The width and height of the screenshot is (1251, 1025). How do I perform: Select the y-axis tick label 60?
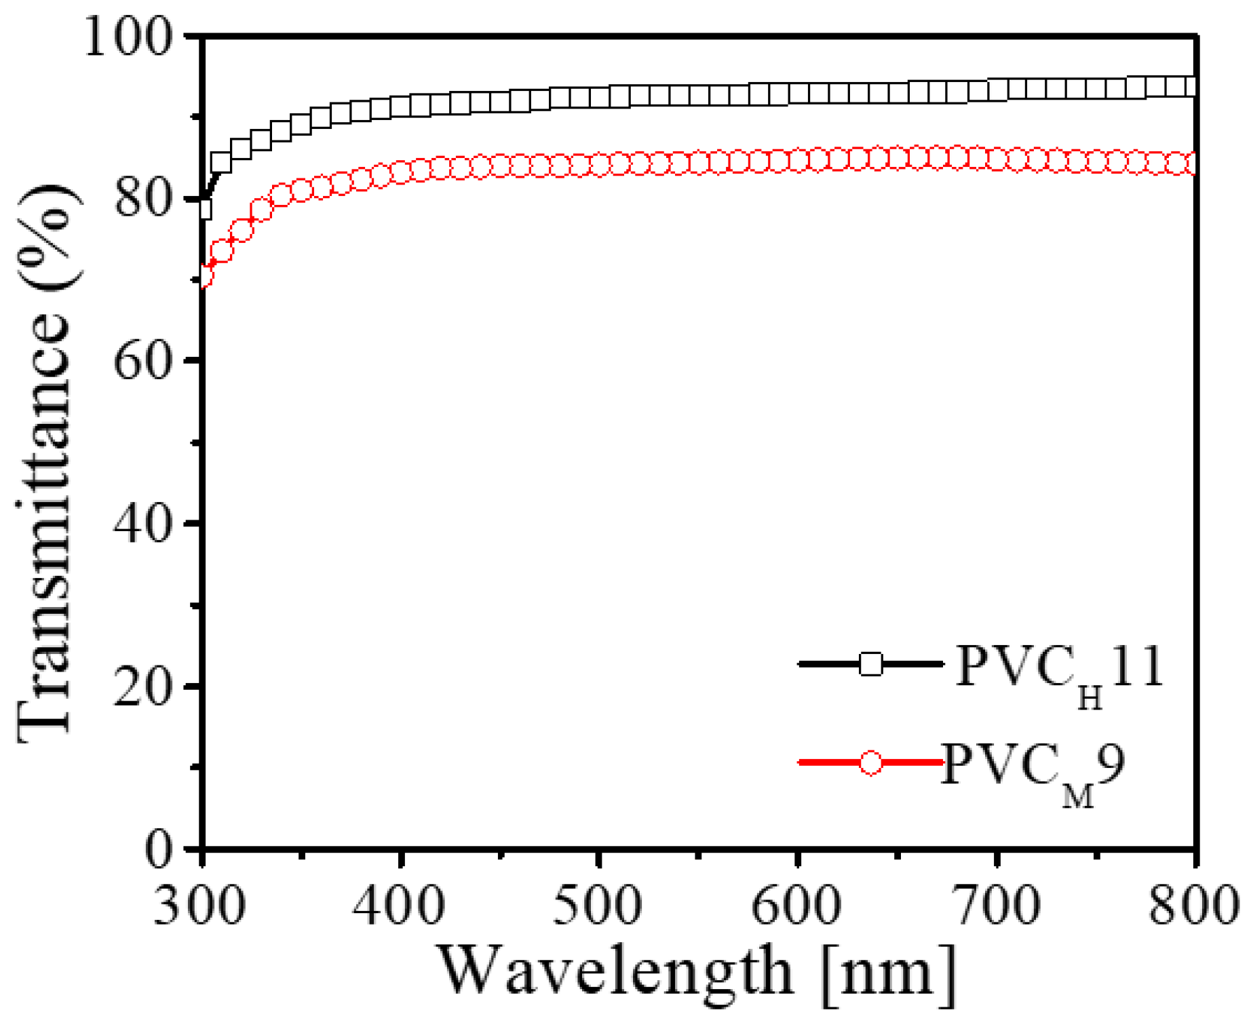(x=141, y=361)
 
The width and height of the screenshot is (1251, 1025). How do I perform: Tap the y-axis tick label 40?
(x=141, y=524)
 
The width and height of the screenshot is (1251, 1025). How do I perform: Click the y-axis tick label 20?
(x=141, y=686)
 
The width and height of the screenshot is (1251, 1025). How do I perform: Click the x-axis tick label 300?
(x=200, y=906)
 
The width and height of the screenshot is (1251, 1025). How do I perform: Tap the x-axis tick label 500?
(x=598, y=906)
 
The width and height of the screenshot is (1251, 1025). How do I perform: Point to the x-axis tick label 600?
(x=797, y=906)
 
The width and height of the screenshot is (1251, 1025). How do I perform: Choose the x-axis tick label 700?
(x=996, y=906)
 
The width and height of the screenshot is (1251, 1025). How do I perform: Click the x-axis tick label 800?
(x=1193, y=906)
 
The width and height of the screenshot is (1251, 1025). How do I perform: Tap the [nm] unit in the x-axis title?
(x=889, y=975)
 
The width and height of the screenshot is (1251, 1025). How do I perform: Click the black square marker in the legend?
(x=871, y=664)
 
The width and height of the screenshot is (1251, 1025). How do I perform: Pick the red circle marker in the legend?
(x=871, y=762)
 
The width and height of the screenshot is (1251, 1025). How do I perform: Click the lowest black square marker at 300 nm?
(x=205, y=210)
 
